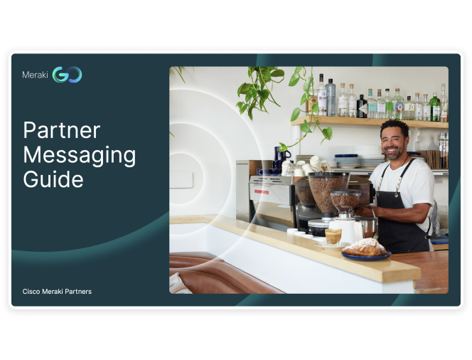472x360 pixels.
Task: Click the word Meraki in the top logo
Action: click(35, 75)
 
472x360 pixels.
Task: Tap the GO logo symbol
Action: click(67, 75)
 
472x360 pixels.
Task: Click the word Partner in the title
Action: click(62, 130)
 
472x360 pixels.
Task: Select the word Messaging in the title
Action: click(80, 156)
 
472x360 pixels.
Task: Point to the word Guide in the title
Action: click(53, 179)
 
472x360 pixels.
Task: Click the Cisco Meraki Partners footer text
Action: click(57, 291)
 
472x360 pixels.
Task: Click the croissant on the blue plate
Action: click(365, 248)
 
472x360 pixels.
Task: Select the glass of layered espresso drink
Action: click(333, 237)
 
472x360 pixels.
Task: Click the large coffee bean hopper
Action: click(328, 192)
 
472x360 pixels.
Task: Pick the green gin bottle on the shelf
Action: click(434, 107)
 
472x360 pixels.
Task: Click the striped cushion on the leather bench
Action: click(180, 283)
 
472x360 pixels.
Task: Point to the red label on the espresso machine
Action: click(262, 191)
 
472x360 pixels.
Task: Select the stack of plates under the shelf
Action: click(347, 162)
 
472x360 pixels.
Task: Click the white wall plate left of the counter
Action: click(181, 179)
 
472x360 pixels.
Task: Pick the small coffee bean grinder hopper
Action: click(345, 201)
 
